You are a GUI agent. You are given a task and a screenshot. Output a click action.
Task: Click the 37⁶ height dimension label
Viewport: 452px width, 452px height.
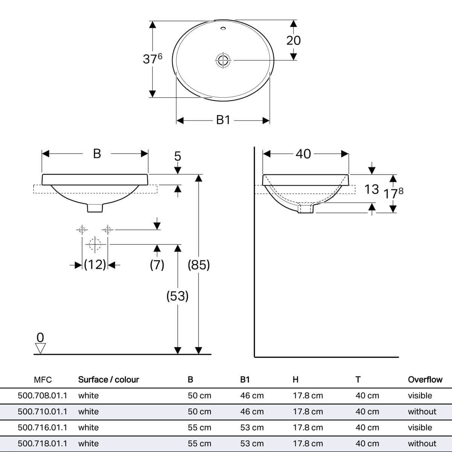point(153,59)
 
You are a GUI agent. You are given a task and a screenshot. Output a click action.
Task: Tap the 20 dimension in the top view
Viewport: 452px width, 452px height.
point(293,40)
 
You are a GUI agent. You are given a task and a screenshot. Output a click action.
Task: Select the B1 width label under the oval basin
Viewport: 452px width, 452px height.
point(223,120)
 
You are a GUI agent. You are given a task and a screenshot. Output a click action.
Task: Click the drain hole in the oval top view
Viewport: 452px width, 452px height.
point(223,60)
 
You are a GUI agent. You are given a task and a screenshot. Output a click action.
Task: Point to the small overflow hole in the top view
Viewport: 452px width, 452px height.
point(223,29)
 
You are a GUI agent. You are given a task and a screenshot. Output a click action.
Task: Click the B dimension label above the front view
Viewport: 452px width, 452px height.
point(97,154)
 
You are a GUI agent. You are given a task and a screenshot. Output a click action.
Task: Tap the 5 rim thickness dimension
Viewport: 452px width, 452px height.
point(177,156)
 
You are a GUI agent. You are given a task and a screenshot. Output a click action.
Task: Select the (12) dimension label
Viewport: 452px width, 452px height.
point(95,265)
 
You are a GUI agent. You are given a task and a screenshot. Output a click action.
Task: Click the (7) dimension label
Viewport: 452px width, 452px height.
point(157,265)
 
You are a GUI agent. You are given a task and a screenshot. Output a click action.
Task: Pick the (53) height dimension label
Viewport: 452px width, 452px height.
point(177,296)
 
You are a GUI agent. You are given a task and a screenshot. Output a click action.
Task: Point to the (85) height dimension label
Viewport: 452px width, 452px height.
point(199,265)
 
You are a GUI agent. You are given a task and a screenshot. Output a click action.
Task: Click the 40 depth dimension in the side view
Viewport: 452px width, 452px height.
point(303,154)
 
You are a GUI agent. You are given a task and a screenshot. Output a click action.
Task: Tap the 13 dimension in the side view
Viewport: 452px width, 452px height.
point(371,189)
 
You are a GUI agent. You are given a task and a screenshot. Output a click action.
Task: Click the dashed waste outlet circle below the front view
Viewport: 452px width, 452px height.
point(95,244)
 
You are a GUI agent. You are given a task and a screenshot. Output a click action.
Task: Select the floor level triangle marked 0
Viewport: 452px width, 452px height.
point(40,348)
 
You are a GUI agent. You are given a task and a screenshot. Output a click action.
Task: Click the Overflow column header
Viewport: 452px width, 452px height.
point(425,380)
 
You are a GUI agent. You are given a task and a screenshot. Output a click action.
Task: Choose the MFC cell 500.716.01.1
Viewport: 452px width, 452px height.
point(43,428)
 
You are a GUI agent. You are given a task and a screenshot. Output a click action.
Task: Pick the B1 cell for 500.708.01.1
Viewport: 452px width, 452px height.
point(252,396)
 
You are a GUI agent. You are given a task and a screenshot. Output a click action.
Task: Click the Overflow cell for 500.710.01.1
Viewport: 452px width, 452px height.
point(422,412)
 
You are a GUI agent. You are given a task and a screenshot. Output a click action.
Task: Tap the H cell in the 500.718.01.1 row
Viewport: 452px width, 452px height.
point(308,444)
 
